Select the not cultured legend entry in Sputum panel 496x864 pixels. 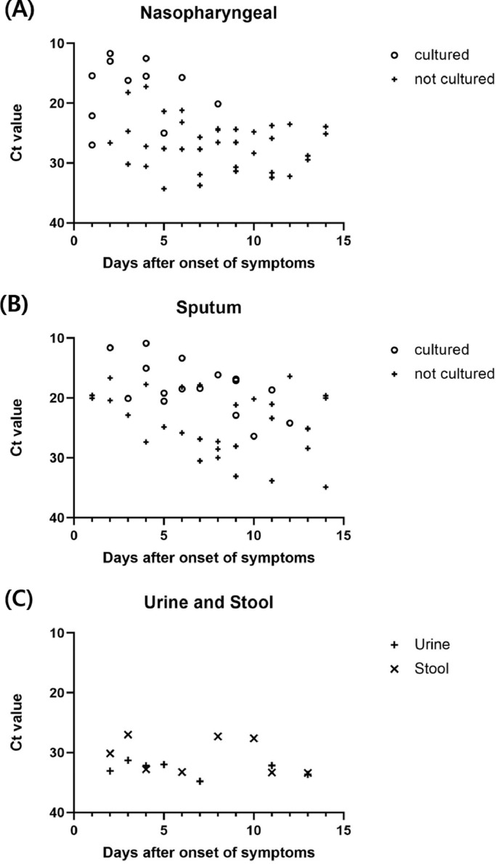tap(450, 374)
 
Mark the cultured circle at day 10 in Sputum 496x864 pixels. tap(253, 436)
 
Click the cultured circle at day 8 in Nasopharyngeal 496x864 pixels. tap(218, 104)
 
